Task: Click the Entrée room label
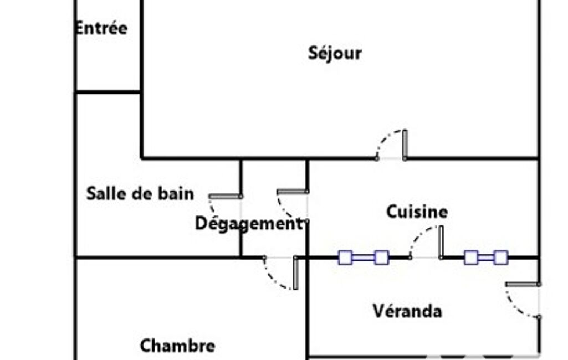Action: tap(101, 28)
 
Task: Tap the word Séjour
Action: tap(335, 53)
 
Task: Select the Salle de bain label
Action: tap(140, 194)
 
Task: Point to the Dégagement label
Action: tap(248, 224)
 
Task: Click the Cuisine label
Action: tap(417, 212)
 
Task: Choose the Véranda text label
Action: tap(407, 311)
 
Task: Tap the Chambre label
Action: tap(177, 346)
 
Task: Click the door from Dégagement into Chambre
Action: tap(282, 271)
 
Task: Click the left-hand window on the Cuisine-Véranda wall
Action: tap(364, 258)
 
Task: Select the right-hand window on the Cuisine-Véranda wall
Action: tap(486, 258)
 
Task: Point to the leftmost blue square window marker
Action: tap(345, 258)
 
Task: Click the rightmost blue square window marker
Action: tap(501, 258)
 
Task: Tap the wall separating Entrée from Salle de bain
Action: tap(108, 91)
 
